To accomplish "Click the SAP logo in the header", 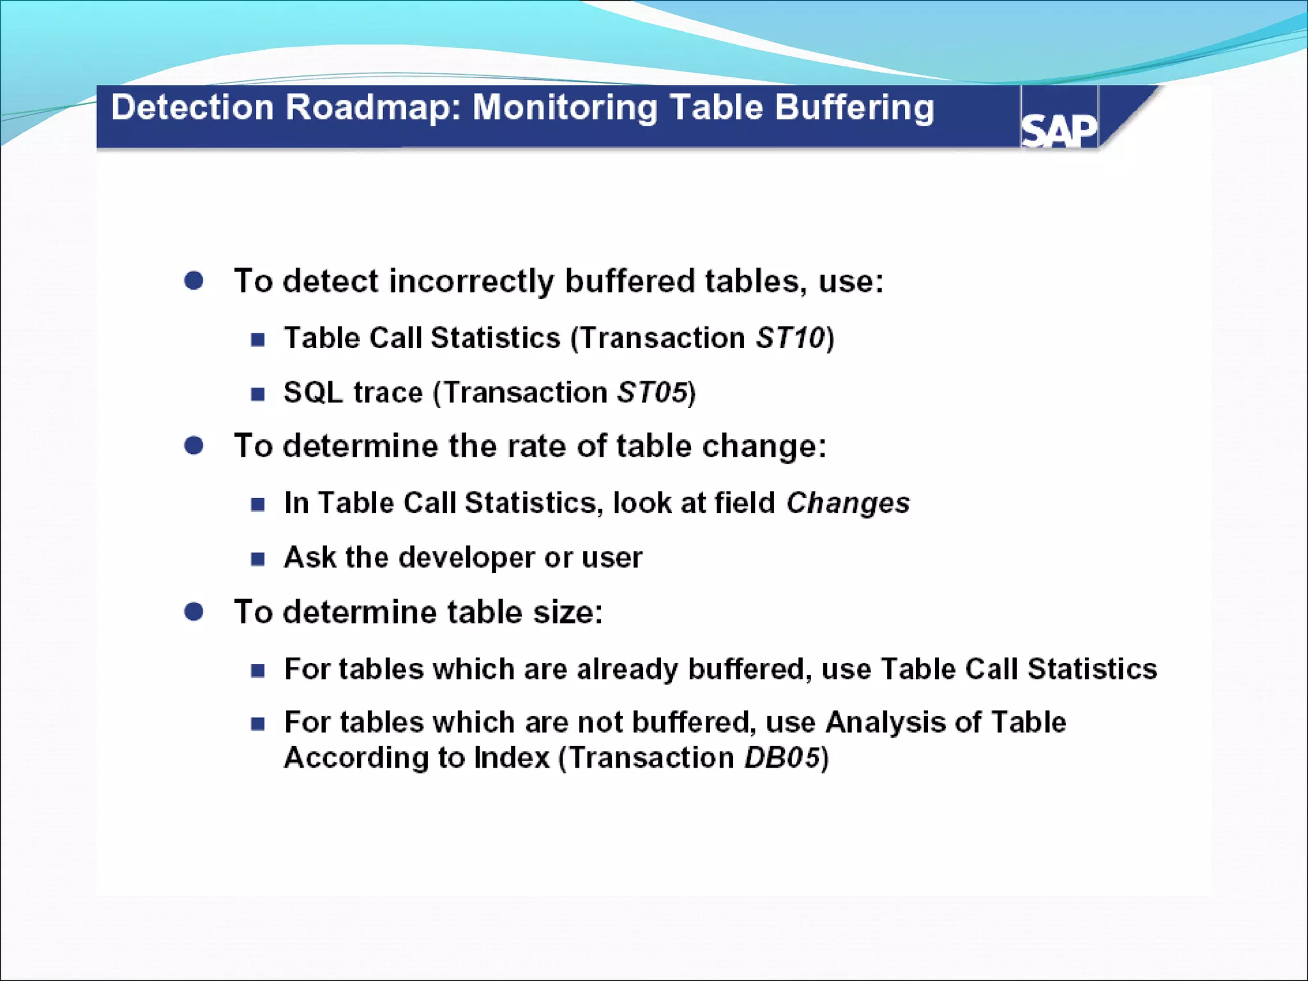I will click(x=1059, y=130).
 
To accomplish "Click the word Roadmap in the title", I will click(x=372, y=107).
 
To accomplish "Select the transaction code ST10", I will click(x=790, y=338).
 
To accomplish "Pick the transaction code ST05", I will click(x=652, y=392).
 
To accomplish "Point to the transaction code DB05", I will click(x=782, y=758).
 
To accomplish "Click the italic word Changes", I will click(x=848, y=503).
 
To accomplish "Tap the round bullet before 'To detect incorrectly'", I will click(x=194, y=281).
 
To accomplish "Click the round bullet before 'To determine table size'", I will click(x=194, y=612).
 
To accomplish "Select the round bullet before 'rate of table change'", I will click(x=194, y=446).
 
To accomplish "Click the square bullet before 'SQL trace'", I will click(x=258, y=393).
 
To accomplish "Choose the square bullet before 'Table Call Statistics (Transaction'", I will click(x=258, y=339).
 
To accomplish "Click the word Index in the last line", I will click(x=512, y=758).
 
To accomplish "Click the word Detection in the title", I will click(x=192, y=107).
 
